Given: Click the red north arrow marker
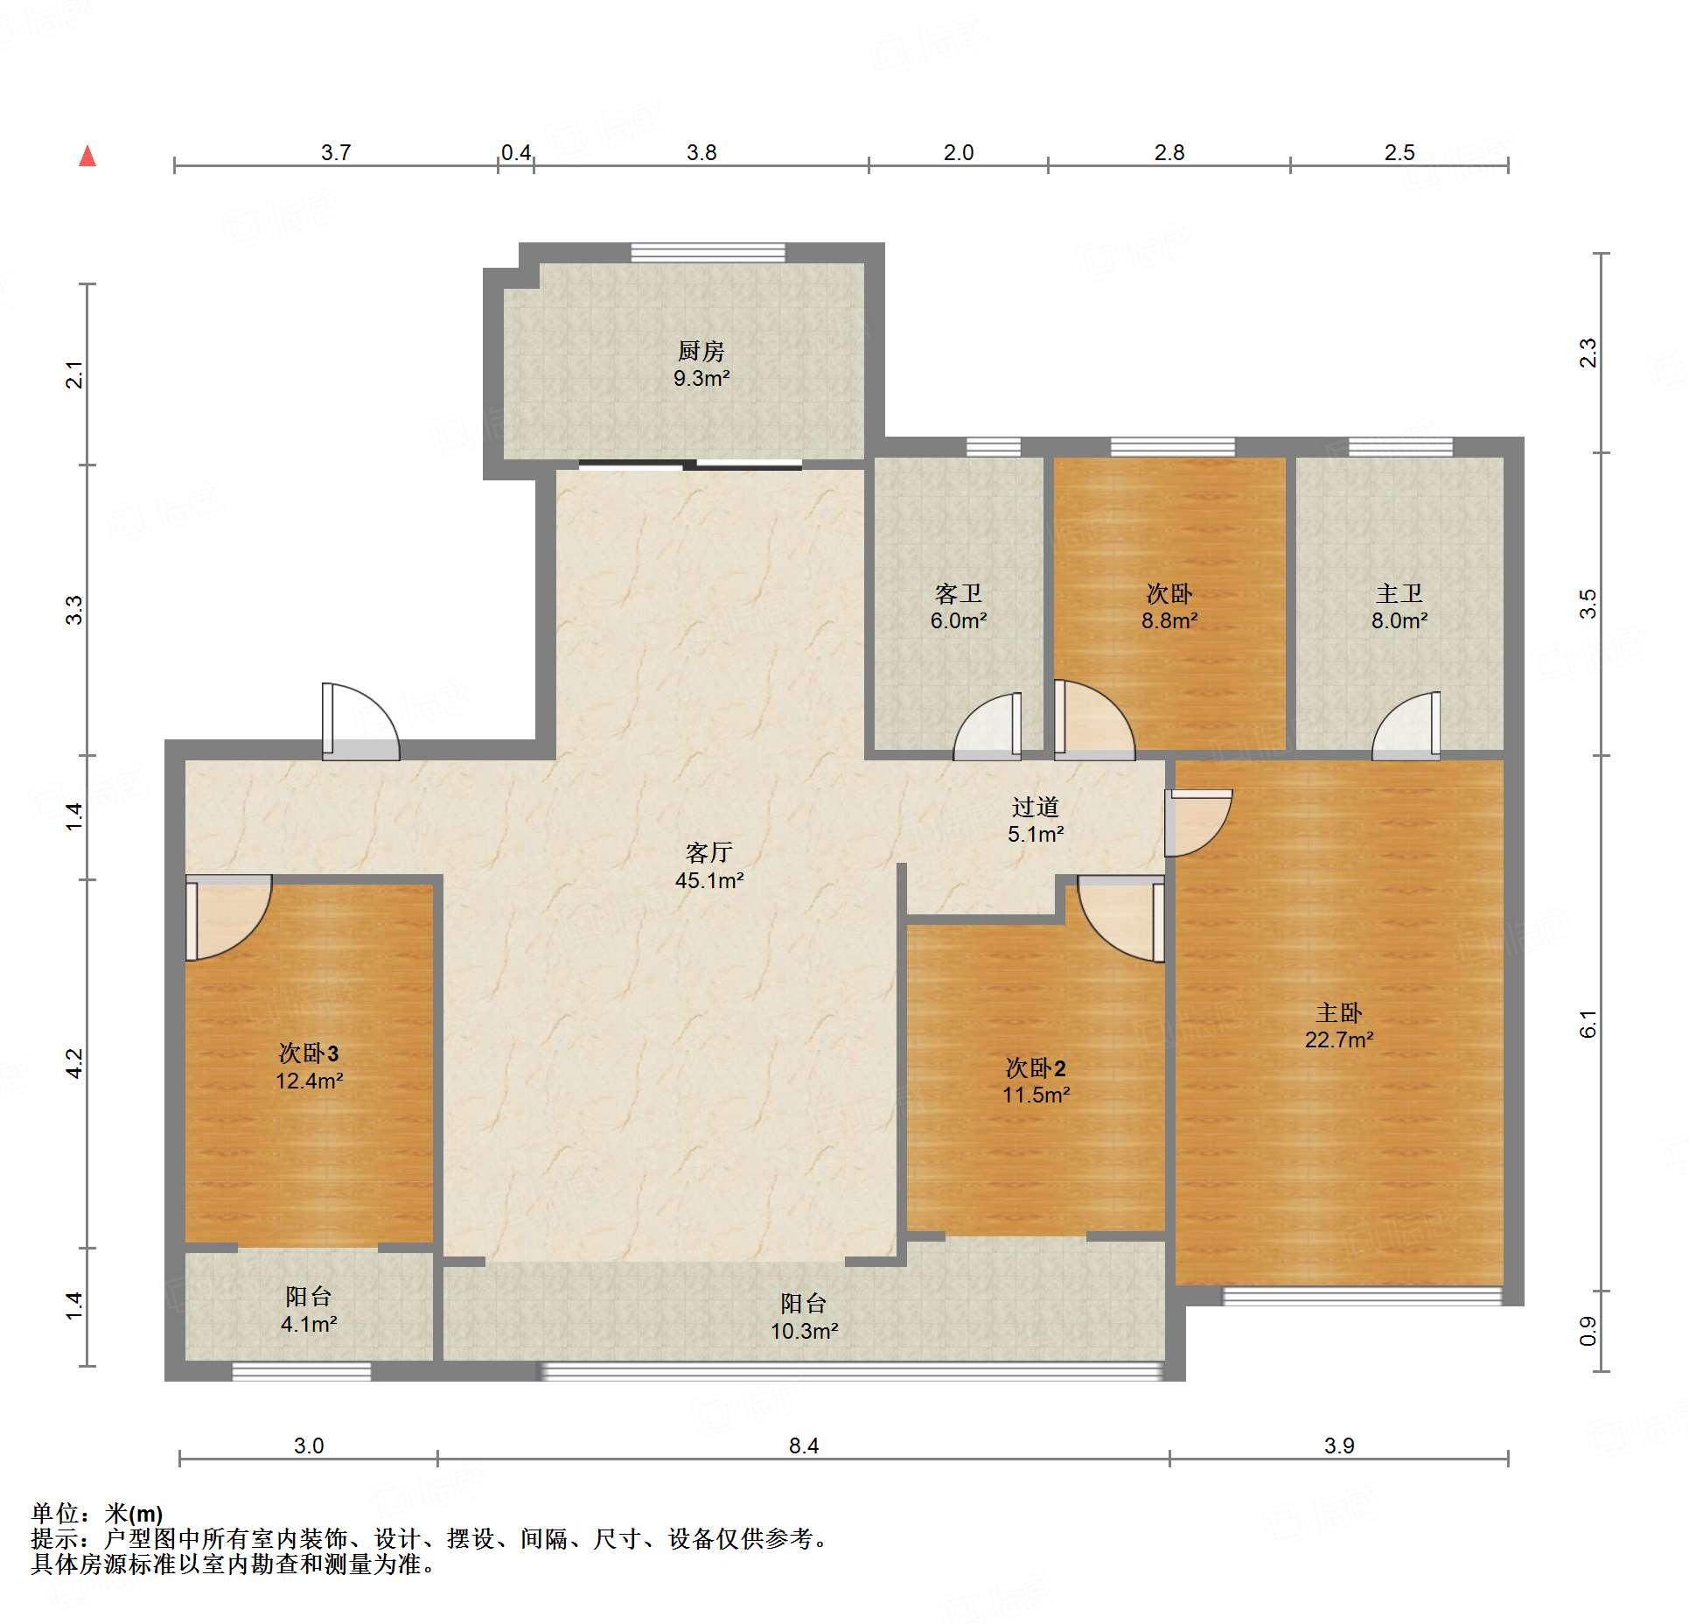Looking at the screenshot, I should click(x=87, y=157).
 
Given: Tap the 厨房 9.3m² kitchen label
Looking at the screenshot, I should click(x=701, y=364).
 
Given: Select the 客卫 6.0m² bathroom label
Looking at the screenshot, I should click(x=959, y=607).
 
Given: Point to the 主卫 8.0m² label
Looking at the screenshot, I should click(x=1399, y=607).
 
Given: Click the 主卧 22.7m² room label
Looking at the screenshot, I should click(x=1338, y=1025).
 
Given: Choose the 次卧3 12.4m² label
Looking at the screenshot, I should click(x=309, y=1066).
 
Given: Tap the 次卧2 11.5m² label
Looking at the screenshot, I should click(x=1036, y=1081).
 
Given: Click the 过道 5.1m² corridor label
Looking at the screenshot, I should click(x=1036, y=820).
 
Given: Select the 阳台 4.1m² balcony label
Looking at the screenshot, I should click(x=309, y=1310).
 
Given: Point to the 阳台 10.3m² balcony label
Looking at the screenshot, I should click(x=804, y=1317).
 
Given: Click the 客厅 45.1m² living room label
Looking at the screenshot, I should click(x=708, y=865).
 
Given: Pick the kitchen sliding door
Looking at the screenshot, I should click(x=689, y=465).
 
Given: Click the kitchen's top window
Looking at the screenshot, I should click(x=708, y=253).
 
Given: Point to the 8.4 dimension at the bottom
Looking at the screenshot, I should click(x=804, y=1445).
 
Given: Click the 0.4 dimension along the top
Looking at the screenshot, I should click(x=516, y=152).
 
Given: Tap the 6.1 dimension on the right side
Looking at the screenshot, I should click(x=1588, y=1023).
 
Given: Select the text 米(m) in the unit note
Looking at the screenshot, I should click(x=134, y=1513).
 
